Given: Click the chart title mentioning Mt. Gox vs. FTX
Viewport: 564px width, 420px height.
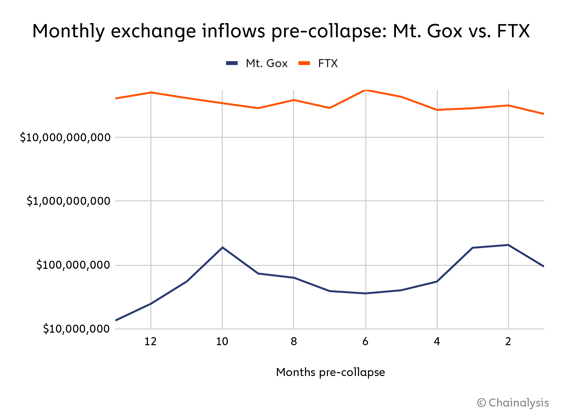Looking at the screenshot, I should coord(281,31).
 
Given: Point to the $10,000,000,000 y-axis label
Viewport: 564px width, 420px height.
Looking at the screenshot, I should coord(65,137).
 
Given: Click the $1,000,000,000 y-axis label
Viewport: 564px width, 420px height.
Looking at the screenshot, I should coord(68,201).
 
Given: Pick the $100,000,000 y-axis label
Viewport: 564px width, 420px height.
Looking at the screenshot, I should coord(73,265).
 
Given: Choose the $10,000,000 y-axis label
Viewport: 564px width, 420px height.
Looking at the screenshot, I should coord(76,329).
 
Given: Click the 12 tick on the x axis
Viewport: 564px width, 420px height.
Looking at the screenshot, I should coord(150,341).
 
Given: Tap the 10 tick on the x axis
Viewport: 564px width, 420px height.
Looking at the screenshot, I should coord(222,341).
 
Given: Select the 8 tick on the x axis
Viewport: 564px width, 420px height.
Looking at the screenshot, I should coord(294,341).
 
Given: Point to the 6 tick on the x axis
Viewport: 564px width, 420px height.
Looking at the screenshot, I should coord(365,341).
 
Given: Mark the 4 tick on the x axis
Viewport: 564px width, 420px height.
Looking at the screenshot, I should coord(437,341).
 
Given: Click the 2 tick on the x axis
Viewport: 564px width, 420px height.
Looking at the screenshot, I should coord(508,341).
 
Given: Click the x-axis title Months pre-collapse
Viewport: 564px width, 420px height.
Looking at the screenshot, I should coord(330,372).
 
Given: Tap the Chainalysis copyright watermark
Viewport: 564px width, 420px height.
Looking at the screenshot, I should coord(513,403).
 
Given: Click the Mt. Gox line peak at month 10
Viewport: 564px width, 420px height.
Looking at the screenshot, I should coord(222,247).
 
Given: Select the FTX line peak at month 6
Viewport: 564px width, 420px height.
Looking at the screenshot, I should coord(366,90).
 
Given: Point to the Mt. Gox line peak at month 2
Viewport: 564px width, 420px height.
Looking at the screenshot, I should coord(508,245).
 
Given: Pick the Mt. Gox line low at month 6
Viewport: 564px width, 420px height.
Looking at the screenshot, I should coord(365,293).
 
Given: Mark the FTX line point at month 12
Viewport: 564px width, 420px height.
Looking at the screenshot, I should coord(151,92).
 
